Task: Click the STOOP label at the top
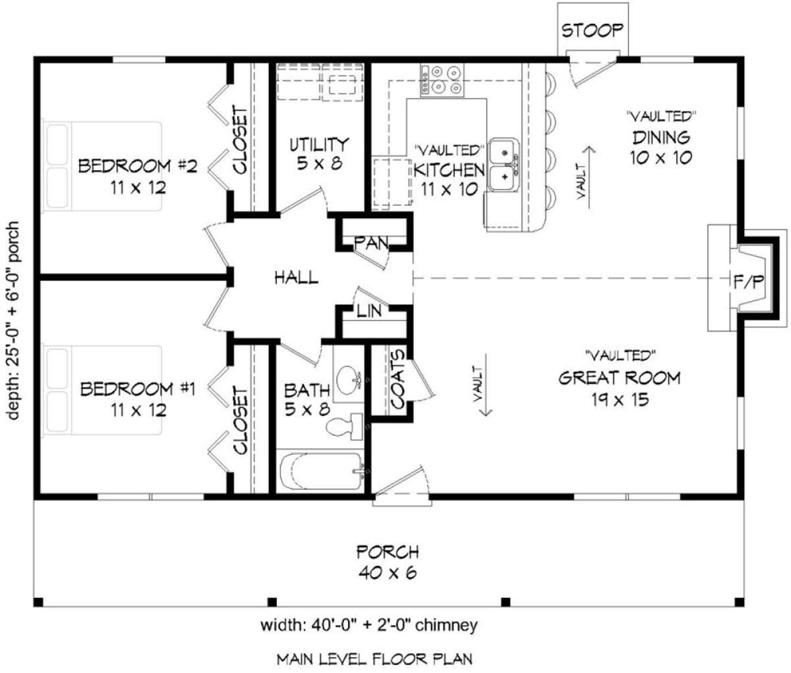[x=592, y=30]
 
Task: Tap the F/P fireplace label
[x=749, y=282]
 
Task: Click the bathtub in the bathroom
[x=320, y=471]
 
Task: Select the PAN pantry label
[x=371, y=243]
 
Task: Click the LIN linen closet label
[x=369, y=311]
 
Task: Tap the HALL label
[x=296, y=278]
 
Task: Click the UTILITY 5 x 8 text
[x=319, y=153]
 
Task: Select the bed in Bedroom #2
[x=103, y=165]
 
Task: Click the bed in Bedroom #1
[x=103, y=390]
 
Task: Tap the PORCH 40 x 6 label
[x=388, y=562]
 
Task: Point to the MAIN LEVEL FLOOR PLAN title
[x=374, y=658]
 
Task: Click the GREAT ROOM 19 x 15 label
[x=619, y=388]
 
